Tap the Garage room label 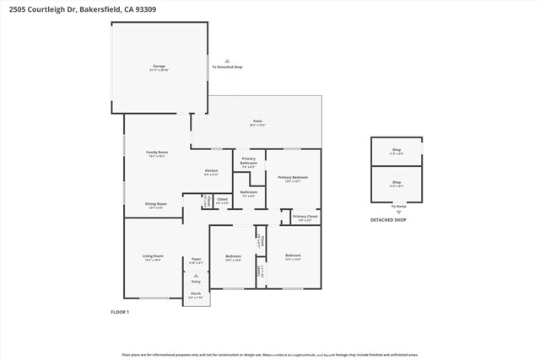tap(159, 66)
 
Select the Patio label tap(257, 121)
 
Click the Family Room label tap(158, 153)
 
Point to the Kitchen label tap(212, 171)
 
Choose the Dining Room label tap(156, 204)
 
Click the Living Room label tap(153, 255)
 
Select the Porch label tap(196, 293)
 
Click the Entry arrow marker tap(196, 276)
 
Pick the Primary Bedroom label tap(293, 178)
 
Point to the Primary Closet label tap(305, 216)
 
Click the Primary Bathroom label tap(249, 160)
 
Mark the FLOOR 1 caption tap(120, 312)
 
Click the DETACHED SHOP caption tap(388, 220)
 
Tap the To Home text tap(397, 206)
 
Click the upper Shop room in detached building tap(397, 151)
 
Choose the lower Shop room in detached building tap(397, 182)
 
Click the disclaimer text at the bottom tap(270, 355)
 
